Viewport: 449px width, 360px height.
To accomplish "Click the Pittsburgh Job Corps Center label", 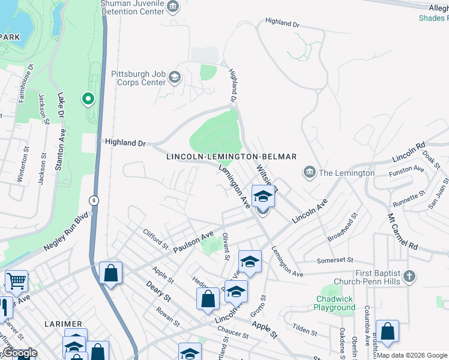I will pyautogui.click(x=138, y=78).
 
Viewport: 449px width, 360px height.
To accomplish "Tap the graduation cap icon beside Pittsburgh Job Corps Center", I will pyautogui.click(x=175, y=77).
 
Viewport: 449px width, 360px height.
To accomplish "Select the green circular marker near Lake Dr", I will pyautogui.click(x=88, y=98).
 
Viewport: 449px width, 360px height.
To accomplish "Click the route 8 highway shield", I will pyautogui.click(x=94, y=200).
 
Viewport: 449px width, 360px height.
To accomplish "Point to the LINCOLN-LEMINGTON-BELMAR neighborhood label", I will pyautogui.click(x=232, y=157).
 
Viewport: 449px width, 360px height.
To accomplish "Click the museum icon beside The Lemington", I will pyautogui.click(x=309, y=173).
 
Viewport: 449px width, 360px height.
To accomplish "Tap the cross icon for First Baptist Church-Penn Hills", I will pyautogui.click(x=409, y=276).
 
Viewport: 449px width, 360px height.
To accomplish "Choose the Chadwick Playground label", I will pyautogui.click(x=334, y=303).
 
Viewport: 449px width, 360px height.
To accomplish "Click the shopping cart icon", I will pyautogui.click(x=16, y=280).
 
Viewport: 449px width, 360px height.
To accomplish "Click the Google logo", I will pyautogui.click(x=20, y=353).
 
